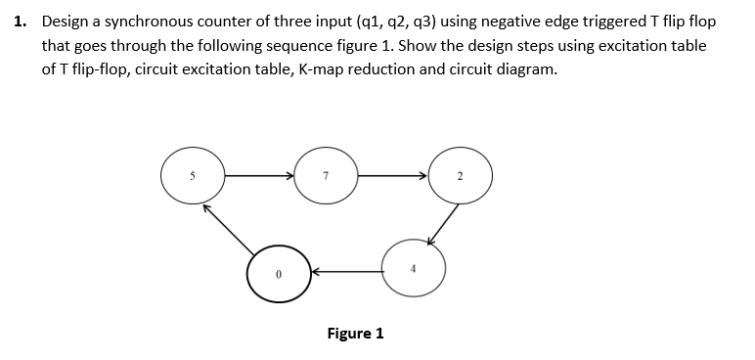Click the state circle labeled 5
194,177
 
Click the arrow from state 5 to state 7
259,177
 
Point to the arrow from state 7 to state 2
391,177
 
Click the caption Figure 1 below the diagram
355,333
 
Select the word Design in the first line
67,22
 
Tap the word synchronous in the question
155,22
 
